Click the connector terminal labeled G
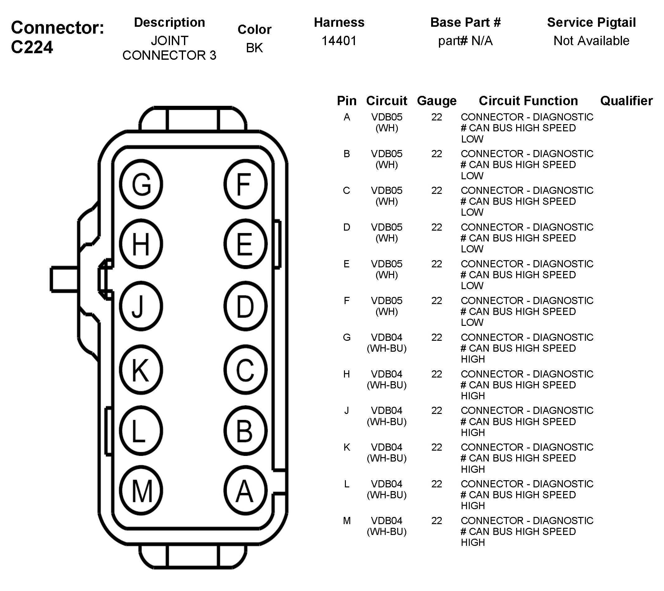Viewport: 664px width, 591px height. (x=141, y=184)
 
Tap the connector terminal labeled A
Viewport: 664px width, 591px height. (x=245, y=491)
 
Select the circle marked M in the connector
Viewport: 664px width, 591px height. (x=141, y=491)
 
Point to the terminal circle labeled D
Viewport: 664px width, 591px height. (x=245, y=306)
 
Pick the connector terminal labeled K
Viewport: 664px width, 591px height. (x=141, y=369)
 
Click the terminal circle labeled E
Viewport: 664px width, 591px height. (x=245, y=244)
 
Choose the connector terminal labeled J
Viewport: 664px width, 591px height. (x=141, y=306)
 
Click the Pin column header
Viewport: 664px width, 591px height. (x=346, y=101)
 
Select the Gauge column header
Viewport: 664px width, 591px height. (x=437, y=101)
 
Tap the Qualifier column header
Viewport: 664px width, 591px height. (x=626, y=101)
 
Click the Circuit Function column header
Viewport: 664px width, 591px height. (x=528, y=101)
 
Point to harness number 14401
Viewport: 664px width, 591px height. (x=339, y=41)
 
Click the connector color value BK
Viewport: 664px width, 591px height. (x=254, y=48)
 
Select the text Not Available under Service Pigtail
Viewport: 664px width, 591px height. (x=591, y=41)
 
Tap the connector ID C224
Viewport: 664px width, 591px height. (x=32, y=47)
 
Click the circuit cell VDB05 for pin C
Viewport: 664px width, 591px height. (x=387, y=190)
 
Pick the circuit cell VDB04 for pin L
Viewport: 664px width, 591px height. (x=387, y=484)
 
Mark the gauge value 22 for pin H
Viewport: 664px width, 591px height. (x=437, y=374)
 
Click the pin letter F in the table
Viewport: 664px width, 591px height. (x=346, y=301)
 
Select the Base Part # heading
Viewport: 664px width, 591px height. (x=465, y=22)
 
